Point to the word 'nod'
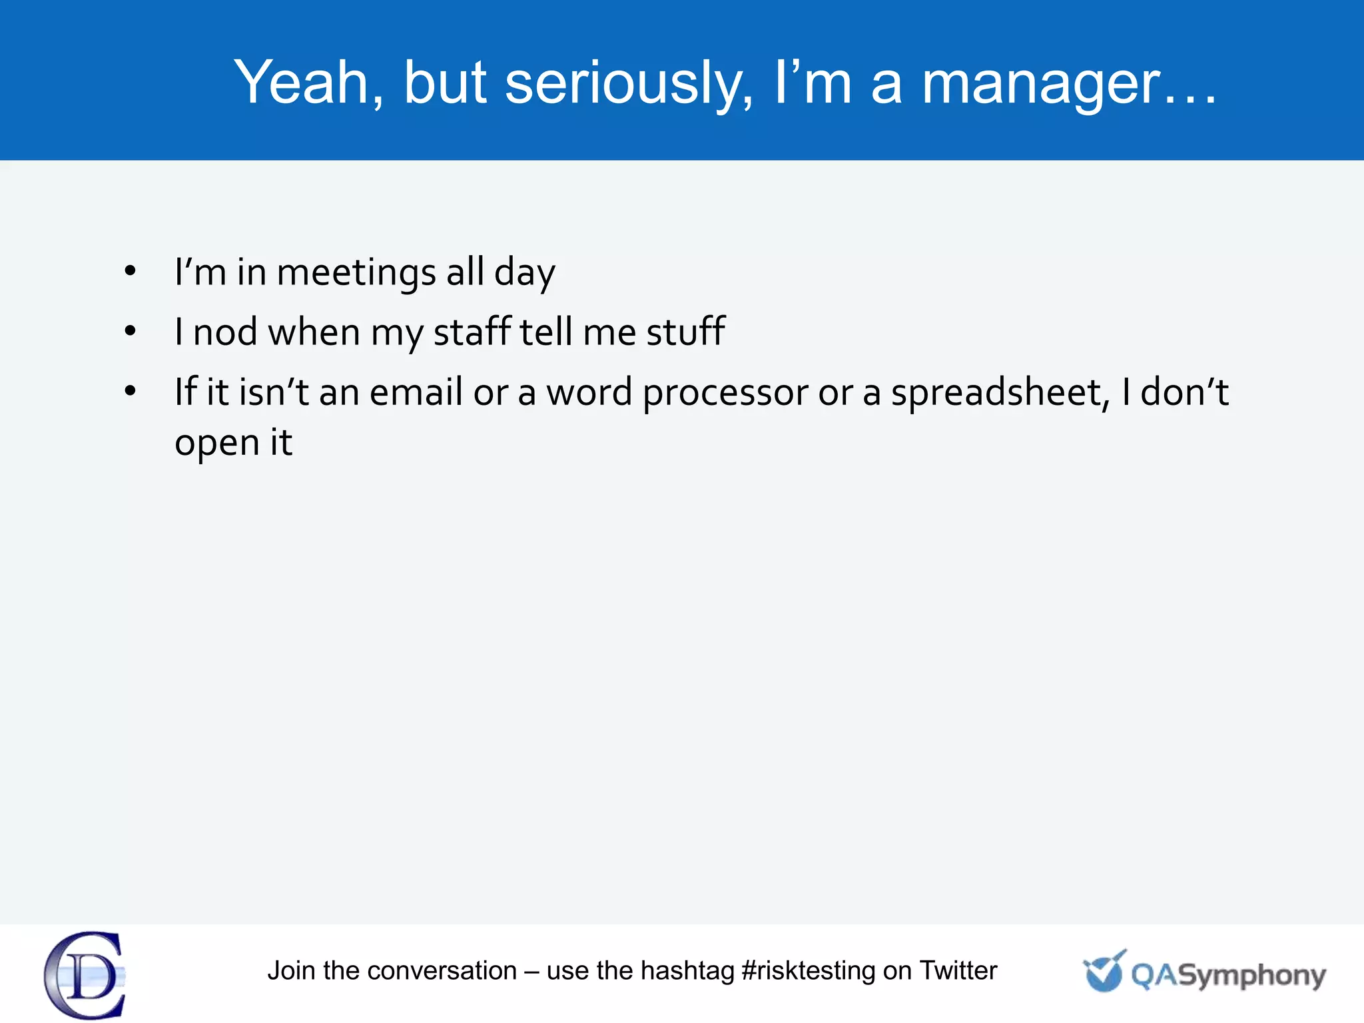224,332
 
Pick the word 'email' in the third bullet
416,392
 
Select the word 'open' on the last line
216,444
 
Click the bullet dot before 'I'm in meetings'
130,271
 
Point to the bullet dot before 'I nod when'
130,330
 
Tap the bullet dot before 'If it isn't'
130,391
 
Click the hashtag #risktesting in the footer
807,971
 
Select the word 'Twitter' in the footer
958,970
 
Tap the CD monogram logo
85,975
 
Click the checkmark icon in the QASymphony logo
1104,971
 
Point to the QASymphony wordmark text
1228,976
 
